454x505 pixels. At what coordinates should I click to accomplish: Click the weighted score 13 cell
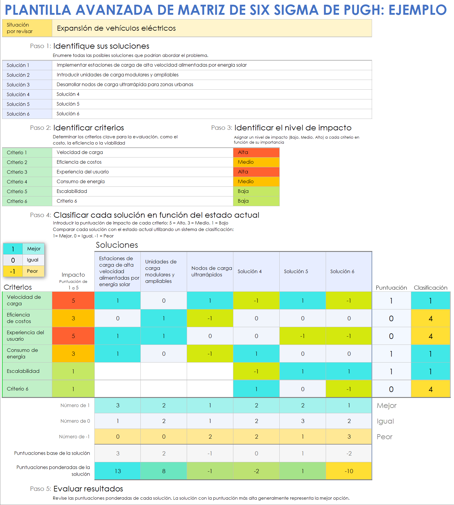(117, 471)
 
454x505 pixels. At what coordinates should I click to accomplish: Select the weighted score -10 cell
(349, 471)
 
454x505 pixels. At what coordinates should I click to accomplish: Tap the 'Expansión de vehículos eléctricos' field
(212, 28)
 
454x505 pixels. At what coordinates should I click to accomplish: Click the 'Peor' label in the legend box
(32, 271)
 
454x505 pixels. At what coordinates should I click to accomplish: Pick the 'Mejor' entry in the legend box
(34, 249)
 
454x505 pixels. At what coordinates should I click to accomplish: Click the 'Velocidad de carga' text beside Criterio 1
(80, 152)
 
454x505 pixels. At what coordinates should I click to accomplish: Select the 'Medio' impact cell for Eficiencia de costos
(256, 162)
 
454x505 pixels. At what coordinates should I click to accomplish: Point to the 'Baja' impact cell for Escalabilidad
(256, 191)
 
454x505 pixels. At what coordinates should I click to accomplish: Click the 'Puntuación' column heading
(391, 288)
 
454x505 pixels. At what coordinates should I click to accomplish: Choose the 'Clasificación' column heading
(430, 288)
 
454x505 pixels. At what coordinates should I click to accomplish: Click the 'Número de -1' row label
(74, 437)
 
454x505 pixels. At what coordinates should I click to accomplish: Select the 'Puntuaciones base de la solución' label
(52, 453)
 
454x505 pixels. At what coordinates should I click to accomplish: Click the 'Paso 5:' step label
(41, 489)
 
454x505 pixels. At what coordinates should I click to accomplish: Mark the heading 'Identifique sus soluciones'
(101, 46)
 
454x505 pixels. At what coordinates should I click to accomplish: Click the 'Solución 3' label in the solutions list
(18, 85)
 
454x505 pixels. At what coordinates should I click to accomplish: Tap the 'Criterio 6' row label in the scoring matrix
(18, 389)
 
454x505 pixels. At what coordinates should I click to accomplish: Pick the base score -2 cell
(349, 453)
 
